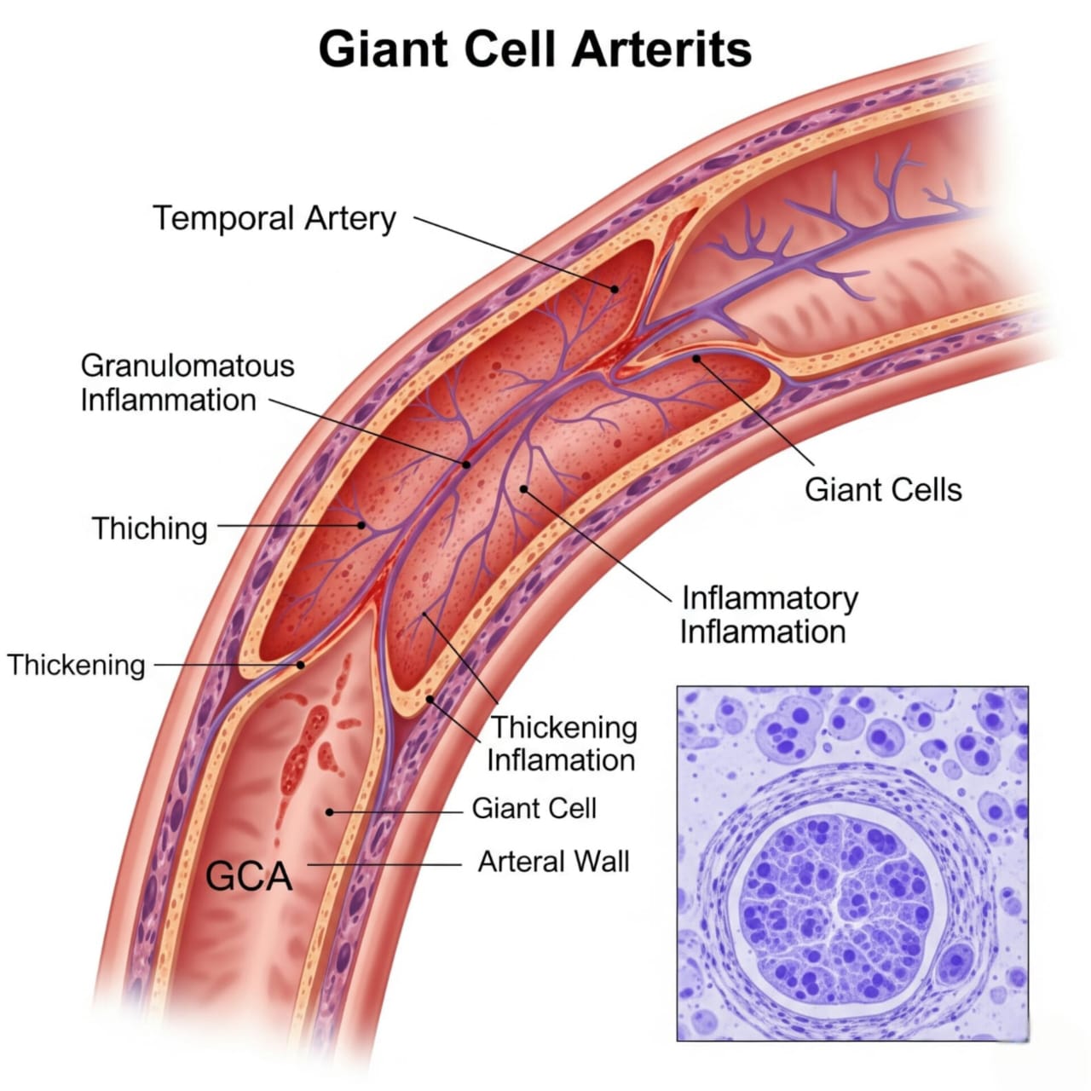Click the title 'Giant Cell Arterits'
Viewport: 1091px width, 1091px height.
(x=535, y=49)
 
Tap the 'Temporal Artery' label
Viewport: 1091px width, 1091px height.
(x=274, y=218)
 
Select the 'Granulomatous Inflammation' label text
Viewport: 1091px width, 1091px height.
(x=187, y=383)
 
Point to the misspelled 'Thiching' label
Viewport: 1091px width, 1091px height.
(x=150, y=528)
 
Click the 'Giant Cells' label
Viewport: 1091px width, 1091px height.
(x=883, y=490)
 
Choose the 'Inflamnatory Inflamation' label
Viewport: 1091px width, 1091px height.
(x=767, y=615)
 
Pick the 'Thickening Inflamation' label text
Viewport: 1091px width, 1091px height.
(x=563, y=743)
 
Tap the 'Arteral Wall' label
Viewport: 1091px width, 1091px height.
(x=554, y=862)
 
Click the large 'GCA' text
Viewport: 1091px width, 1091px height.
(x=249, y=876)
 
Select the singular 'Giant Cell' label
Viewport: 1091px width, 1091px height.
(x=534, y=808)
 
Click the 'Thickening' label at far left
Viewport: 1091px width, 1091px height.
(x=77, y=665)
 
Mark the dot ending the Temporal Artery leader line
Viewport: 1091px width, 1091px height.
(x=614, y=289)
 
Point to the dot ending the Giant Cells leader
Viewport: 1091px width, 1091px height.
(x=696, y=358)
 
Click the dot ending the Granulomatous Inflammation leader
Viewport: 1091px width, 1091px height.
(x=466, y=465)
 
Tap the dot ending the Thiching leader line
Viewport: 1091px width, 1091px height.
(x=362, y=526)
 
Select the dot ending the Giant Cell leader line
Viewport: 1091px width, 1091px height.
(x=330, y=812)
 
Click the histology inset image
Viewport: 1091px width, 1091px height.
(x=852, y=863)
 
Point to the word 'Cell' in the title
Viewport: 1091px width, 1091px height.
(x=514, y=49)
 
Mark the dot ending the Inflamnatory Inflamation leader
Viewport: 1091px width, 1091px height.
(x=523, y=488)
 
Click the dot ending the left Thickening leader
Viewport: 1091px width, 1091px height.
(x=301, y=665)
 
